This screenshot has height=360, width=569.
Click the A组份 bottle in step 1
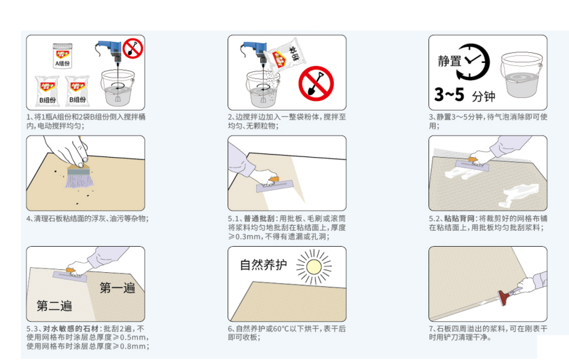(x=62, y=55)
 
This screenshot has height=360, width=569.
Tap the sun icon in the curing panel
(x=314, y=267)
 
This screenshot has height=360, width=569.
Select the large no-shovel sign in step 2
(x=316, y=83)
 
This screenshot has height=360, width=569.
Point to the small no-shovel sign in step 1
(x=133, y=48)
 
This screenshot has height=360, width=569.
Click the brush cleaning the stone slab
(x=79, y=176)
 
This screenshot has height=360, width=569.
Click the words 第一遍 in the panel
(x=117, y=287)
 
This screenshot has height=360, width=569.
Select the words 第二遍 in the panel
(x=54, y=306)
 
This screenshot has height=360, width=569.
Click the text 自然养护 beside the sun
(x=263, y=265)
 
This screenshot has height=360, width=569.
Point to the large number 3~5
(x=449, y=94)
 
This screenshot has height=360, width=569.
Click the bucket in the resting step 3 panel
(x=521, y=75)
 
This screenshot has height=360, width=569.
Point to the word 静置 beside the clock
(x=449, y=60)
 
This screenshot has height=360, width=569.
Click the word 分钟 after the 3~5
(x=483, y=96)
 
